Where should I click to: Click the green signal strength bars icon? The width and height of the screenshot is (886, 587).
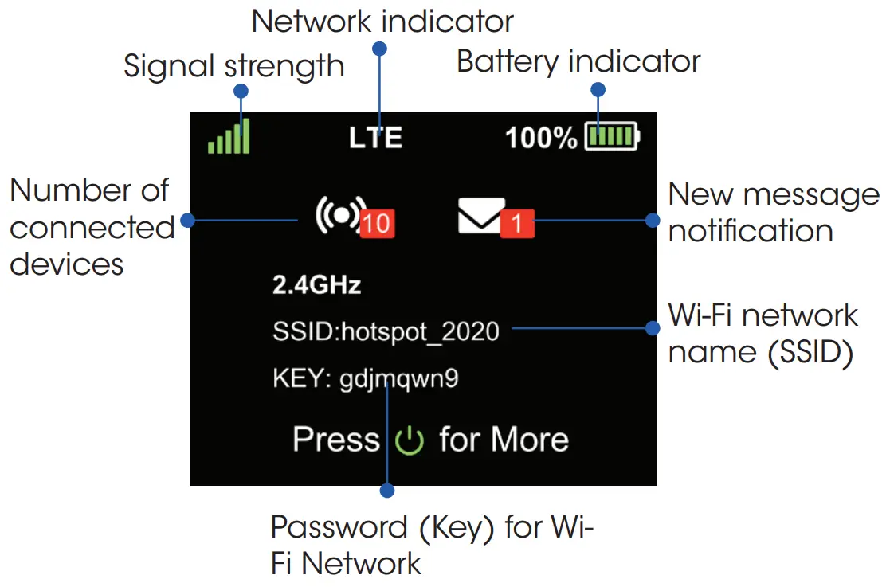(229, 138)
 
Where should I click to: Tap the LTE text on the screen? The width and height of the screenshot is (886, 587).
(376, 138)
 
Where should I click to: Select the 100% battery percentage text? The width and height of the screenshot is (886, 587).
(541, 138)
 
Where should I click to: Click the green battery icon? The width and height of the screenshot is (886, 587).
(612, 137)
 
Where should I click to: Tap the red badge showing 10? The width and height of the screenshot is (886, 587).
(377, 224)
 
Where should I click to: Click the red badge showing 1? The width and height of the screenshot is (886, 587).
(517, 224)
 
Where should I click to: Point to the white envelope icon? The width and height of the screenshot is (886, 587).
(480, 217)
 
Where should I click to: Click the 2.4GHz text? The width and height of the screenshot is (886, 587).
(317, 285)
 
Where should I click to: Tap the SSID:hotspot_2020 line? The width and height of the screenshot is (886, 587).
(386, 331)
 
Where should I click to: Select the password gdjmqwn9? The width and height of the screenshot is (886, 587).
(399, 378)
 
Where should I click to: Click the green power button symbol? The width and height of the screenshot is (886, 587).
(410, 440)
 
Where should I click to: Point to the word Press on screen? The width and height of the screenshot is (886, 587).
(336, 440)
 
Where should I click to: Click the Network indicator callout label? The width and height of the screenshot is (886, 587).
(382, 22)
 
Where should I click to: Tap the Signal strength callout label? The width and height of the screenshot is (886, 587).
(233, 66)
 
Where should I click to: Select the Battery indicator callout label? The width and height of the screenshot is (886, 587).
(578, 61)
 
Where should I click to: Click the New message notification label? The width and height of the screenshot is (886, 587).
(773, 213)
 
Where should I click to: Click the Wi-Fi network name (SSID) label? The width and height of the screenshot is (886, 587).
(763, 334)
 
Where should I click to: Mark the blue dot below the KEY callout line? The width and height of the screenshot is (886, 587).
(387, 491)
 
